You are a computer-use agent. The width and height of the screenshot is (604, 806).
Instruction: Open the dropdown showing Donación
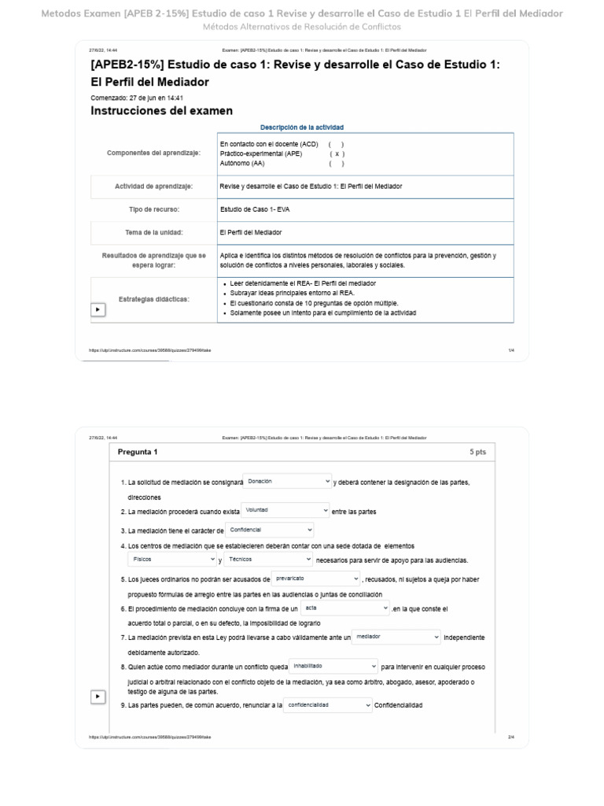(288, 481)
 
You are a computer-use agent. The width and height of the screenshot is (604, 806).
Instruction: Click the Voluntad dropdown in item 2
(285, 511)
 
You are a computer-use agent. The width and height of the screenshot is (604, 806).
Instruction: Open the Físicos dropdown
(172, 560)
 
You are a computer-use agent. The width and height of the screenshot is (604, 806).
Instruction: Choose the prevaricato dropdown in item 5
(315, 579)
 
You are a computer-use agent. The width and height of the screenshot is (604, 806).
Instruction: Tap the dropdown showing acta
(345, 608)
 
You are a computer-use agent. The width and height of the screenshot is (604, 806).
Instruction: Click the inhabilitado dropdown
(333, 666)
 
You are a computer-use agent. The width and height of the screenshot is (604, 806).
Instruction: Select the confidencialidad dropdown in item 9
(328, 705)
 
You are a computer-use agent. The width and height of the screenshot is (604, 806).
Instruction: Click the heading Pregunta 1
(138, 453)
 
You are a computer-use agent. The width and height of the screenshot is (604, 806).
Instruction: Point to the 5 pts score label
(477, 453)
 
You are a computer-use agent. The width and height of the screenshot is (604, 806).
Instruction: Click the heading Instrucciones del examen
(162, 111)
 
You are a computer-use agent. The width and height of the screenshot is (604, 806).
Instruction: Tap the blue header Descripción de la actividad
(301, 128)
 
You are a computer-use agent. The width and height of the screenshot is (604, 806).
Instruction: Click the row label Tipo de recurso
(154, 209)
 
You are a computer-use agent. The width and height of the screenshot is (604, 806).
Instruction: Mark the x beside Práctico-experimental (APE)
(337, 154)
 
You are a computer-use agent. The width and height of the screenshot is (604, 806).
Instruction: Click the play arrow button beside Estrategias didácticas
(98, 309)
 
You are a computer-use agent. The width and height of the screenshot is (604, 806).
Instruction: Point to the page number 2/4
(510, 738)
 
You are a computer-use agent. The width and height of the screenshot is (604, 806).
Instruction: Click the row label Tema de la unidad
(154, 233)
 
